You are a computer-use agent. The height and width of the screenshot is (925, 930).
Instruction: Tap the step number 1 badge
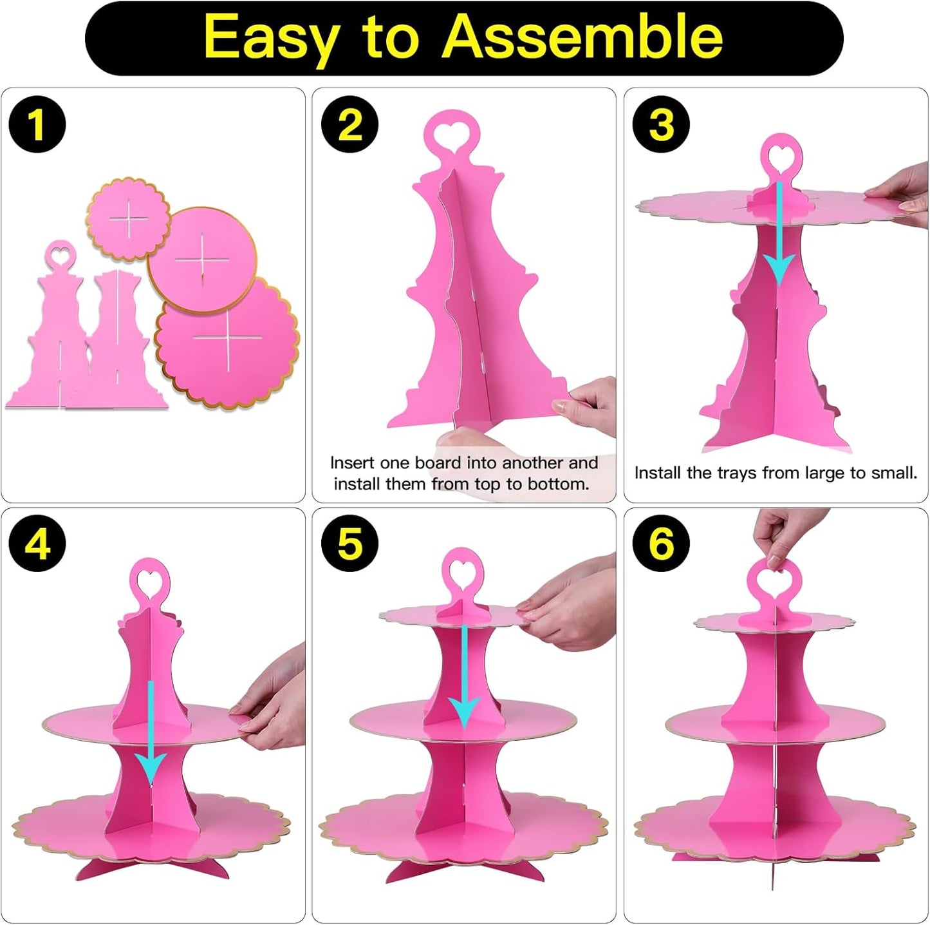pos(37,124)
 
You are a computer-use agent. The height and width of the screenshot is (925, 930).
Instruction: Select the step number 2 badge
pos(349,124)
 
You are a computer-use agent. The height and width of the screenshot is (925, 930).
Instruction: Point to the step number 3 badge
pos(661,124)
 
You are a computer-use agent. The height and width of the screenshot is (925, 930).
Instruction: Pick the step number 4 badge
pos(37,544)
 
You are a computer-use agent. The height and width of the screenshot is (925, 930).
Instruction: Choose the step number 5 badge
pos(349,544)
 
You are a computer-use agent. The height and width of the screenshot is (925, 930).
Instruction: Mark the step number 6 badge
pos(661,544)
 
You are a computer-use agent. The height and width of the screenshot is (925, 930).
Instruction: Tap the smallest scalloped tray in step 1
pos(128,219)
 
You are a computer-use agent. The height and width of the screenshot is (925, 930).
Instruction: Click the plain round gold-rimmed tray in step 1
pos(202,260)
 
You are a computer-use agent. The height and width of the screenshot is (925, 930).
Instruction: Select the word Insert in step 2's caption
pos(352,463)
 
